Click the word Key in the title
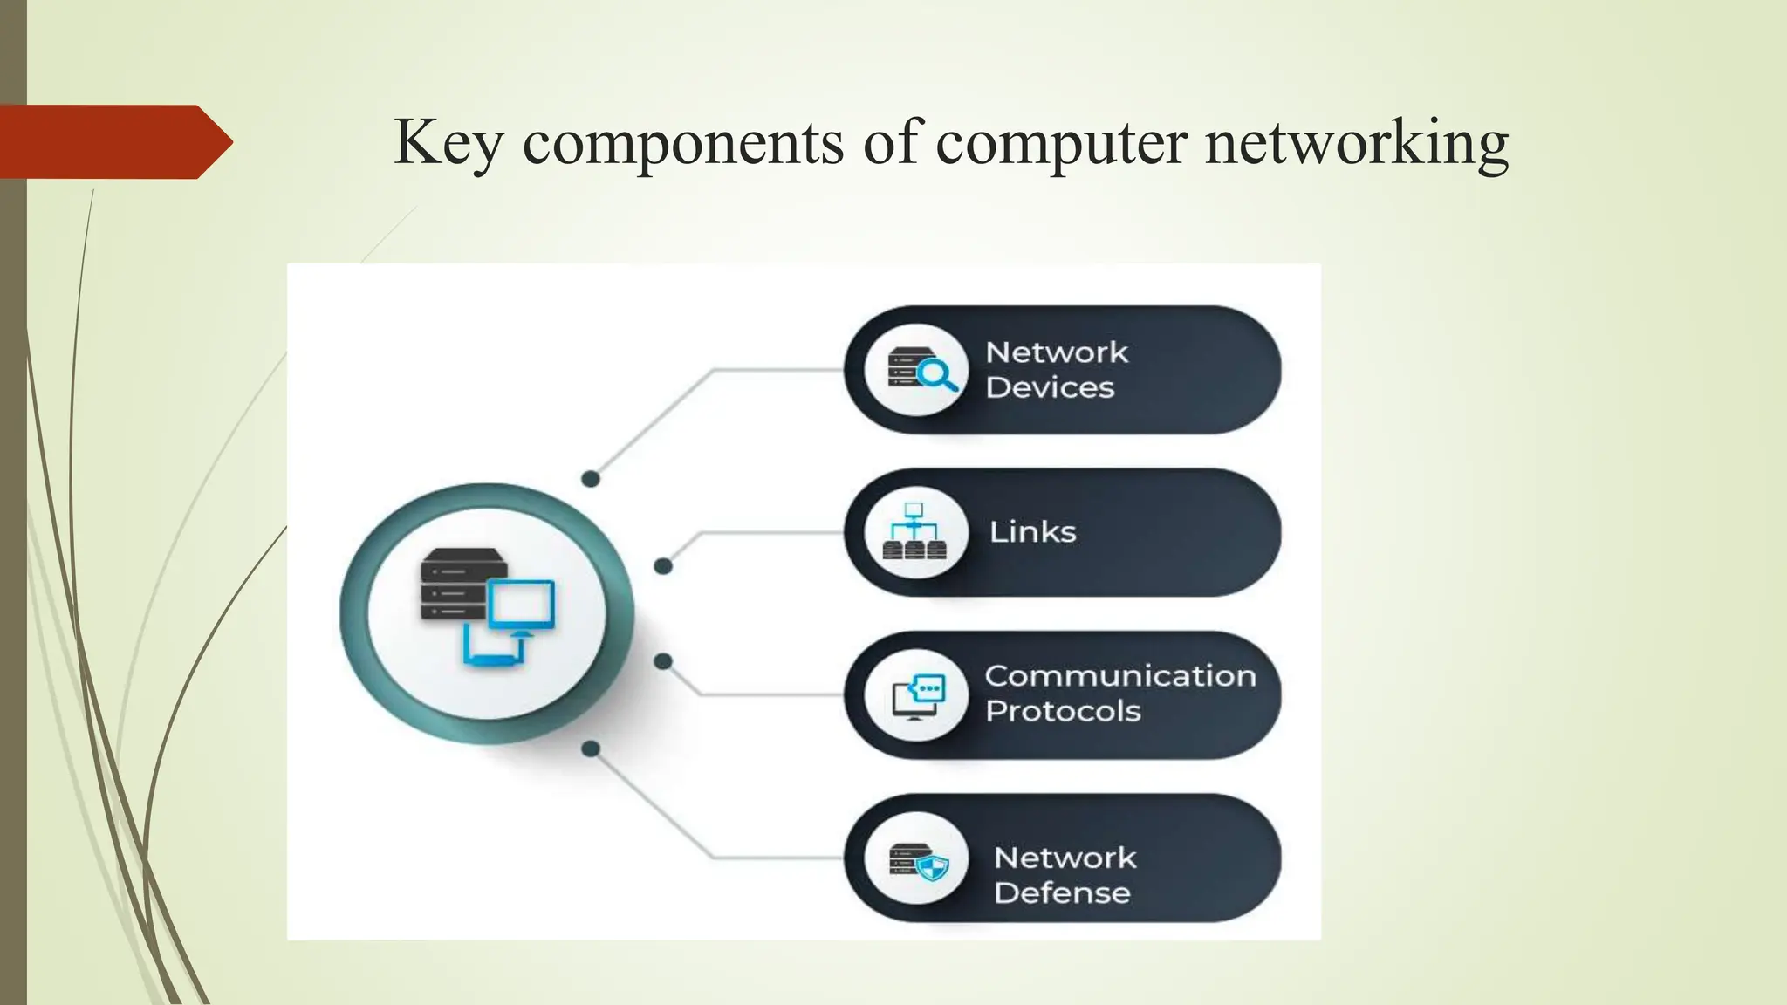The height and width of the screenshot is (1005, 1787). pyautogui.click(x=448, y=141)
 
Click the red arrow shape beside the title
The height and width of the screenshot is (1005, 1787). pyautogui.click(x=113, y=141)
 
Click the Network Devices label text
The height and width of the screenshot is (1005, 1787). pyautogui.click(x=1056, y=370)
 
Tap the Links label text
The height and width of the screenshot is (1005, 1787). pyautogui.click(x=1032, y=532)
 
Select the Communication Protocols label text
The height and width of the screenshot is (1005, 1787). pyautogui.click(x=1119, y=694)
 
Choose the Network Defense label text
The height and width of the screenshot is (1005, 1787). pyautogui.click(x=1065, y=875)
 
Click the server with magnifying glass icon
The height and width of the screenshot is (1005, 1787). pyautogui.click(x=916, y=370)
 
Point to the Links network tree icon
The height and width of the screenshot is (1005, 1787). pyautogui.click(x=914, y=531)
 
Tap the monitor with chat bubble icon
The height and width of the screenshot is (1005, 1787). pyautogui.click(x=917, y=696)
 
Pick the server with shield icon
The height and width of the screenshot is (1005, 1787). pyautogui.click(x=918, y=860)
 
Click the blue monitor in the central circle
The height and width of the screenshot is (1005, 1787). pyautogui.click(x=521, y=604)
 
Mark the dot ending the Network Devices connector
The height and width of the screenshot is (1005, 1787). pyautogui.click(x=591, y=479)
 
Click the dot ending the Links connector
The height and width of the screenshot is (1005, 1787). pyautogui.click(x=663, y=566)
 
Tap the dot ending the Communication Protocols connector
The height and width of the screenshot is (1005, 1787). pyautogui.click(x=663, y=661)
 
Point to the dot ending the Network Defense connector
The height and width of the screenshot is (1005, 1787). pyautogui.click(x=591, y=749)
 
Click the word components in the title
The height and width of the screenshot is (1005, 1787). pyautogui.click(x=682, y=143)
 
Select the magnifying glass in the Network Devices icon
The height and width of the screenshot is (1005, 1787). pyautogui.click(x=937, y=375)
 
